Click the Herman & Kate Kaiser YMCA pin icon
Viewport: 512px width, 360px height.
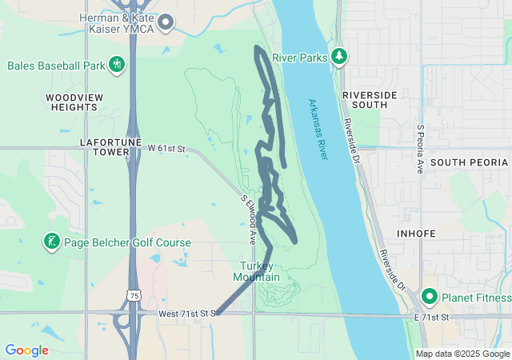pos(166,22)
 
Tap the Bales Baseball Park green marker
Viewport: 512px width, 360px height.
pos(117,63)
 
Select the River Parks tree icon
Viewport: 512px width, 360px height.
pos(341,57)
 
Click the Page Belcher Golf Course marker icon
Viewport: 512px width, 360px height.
pos(52,242)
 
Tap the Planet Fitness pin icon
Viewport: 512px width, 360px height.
pos(430,298)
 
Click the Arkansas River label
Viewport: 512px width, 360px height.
pos(318,129)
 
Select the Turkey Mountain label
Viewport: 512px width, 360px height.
pos(256,271)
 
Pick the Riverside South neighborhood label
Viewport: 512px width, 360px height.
pos(369,100)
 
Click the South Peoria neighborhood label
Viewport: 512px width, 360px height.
pos(469,162)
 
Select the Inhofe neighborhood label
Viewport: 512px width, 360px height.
pos(416,234)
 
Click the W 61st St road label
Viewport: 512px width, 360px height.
pos(166,149)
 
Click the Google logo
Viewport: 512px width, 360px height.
pos(26,350)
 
